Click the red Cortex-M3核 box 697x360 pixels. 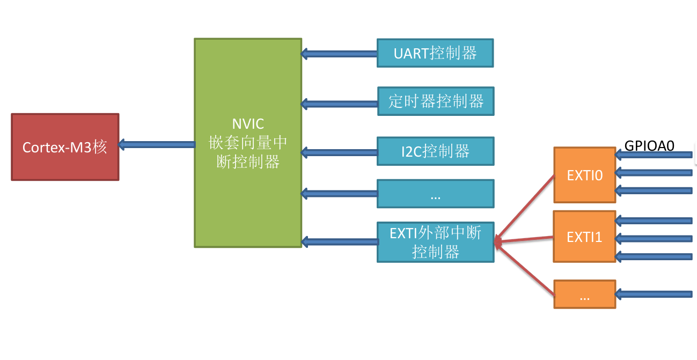[x=65, y=146]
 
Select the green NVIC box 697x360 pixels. [x=247, y=143]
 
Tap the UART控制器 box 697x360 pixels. [x=435, y=53]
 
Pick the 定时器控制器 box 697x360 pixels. [x=436, y=101]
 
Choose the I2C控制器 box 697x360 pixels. [x=435, y=151]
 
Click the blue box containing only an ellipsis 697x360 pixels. [x=435, y=194]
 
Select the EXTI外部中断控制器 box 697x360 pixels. [x=435, y=242]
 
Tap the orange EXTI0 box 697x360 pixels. [x=585, y=175]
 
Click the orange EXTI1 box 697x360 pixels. [x=585, y=237]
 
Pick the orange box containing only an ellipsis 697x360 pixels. [x=585, y=294]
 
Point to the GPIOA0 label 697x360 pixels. [x=649, y=145]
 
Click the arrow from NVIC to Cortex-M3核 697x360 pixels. [x=157, y=144]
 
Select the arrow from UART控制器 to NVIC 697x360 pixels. [x=339, y=54]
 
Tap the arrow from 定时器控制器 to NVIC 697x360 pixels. [x=339, y=103]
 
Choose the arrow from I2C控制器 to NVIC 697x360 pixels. [x=339, y=152]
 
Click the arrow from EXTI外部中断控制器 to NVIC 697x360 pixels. [x=339, y=241]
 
